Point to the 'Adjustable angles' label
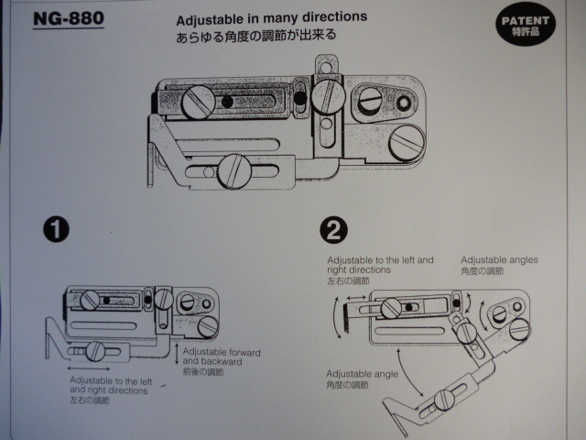[x=499, y=259]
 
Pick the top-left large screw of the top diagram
[x=198, y=103]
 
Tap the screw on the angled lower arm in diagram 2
[x=445, y=399]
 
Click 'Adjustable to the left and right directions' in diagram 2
[x=380, y=266]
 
